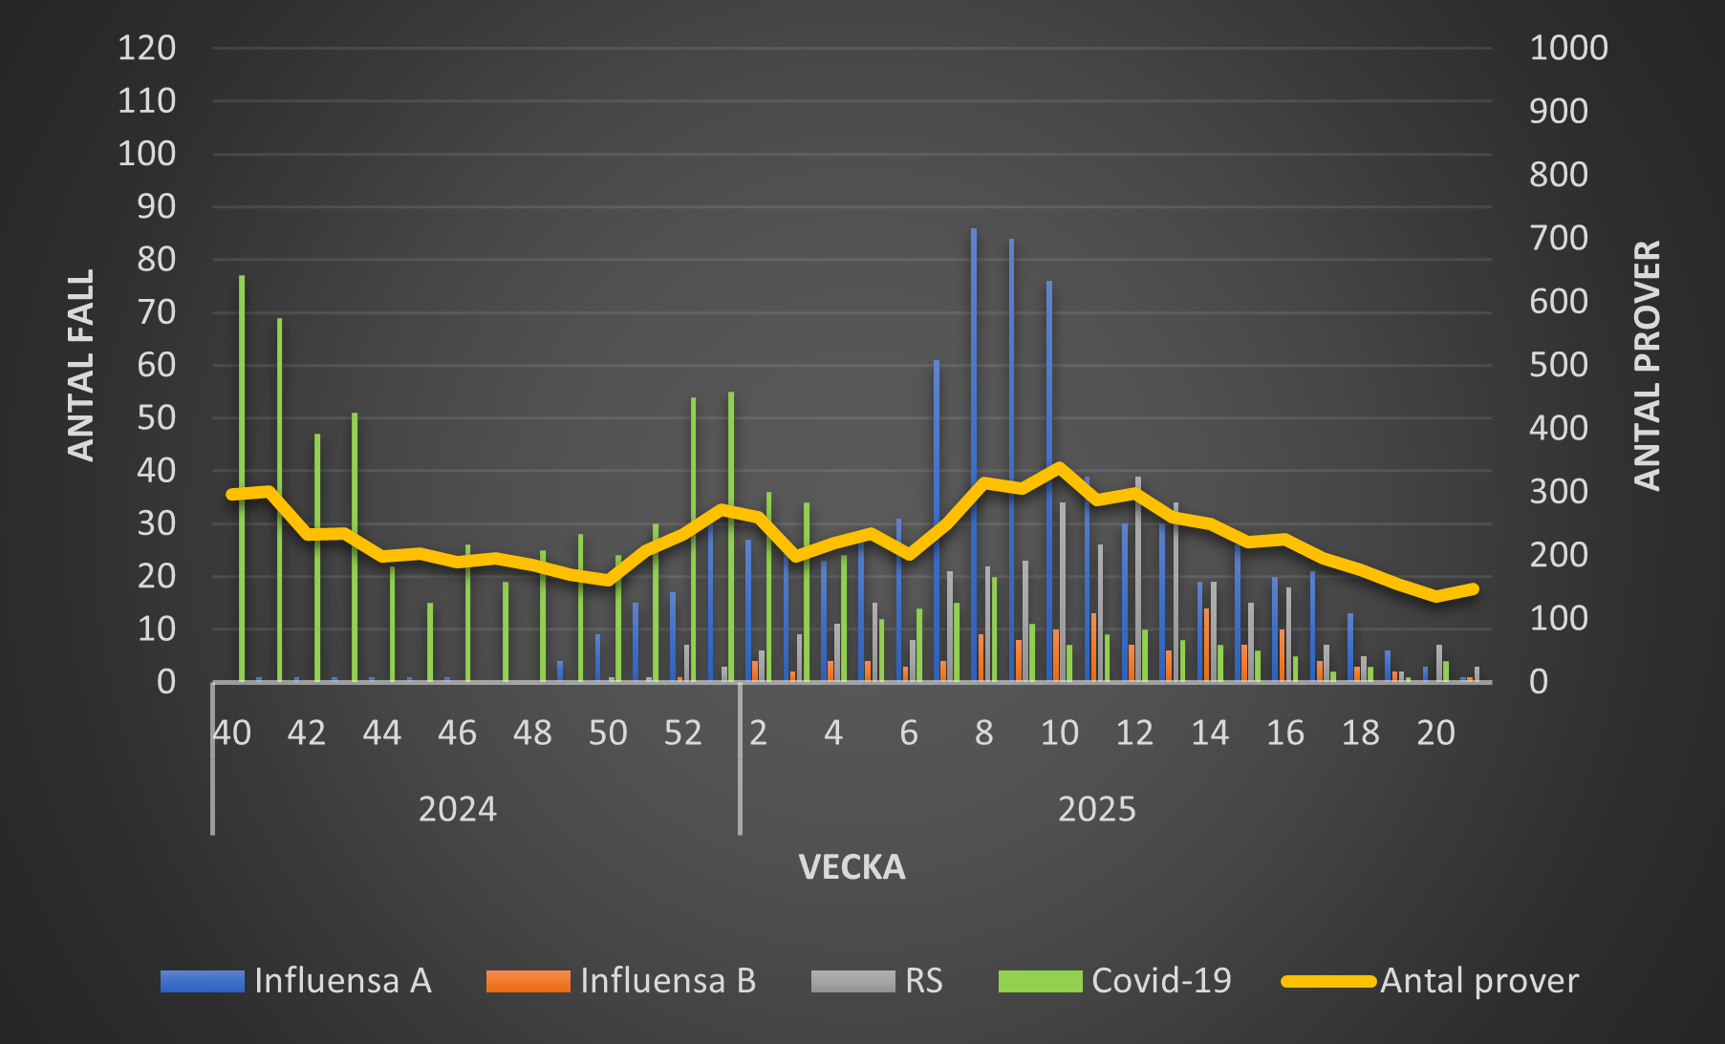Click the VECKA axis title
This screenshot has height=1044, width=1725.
[x=852, y=867]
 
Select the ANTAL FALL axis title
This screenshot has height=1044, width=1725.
[x=81, y=365]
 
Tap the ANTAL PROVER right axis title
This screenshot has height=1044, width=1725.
[x=1647, y=365]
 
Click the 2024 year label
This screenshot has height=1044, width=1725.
[x=458, y=810]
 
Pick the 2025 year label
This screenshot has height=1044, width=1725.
[x=1096, y=810]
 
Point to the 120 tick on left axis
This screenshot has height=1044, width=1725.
[x=146, y=48]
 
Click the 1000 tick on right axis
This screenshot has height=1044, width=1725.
[x=1568, y=48]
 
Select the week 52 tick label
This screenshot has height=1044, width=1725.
[x=683, y=734]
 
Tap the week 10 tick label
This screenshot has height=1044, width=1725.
[x=1059, y=734]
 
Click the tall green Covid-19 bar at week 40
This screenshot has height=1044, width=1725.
[x=242, y=478]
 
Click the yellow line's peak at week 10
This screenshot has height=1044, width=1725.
[x=1059, y=467]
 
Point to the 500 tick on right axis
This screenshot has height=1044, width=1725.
[x=1559, y=365]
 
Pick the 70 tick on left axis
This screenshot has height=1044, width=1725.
[x=156, y=312]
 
